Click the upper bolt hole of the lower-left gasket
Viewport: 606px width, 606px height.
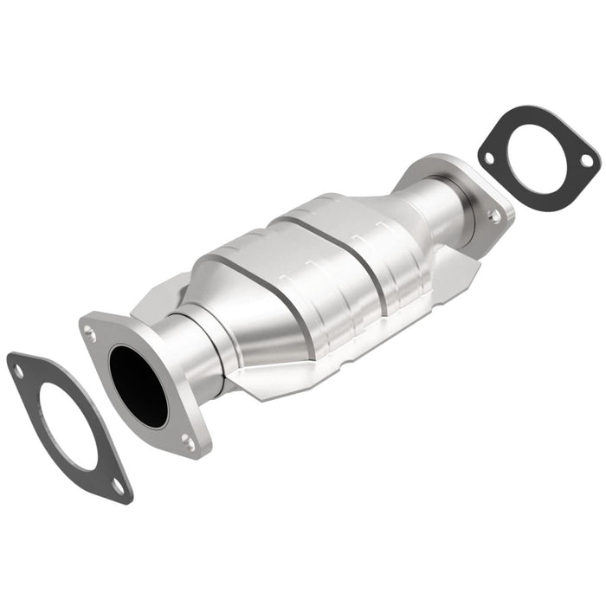click(18, 370)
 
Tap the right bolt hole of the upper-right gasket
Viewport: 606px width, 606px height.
click(585, 161)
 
